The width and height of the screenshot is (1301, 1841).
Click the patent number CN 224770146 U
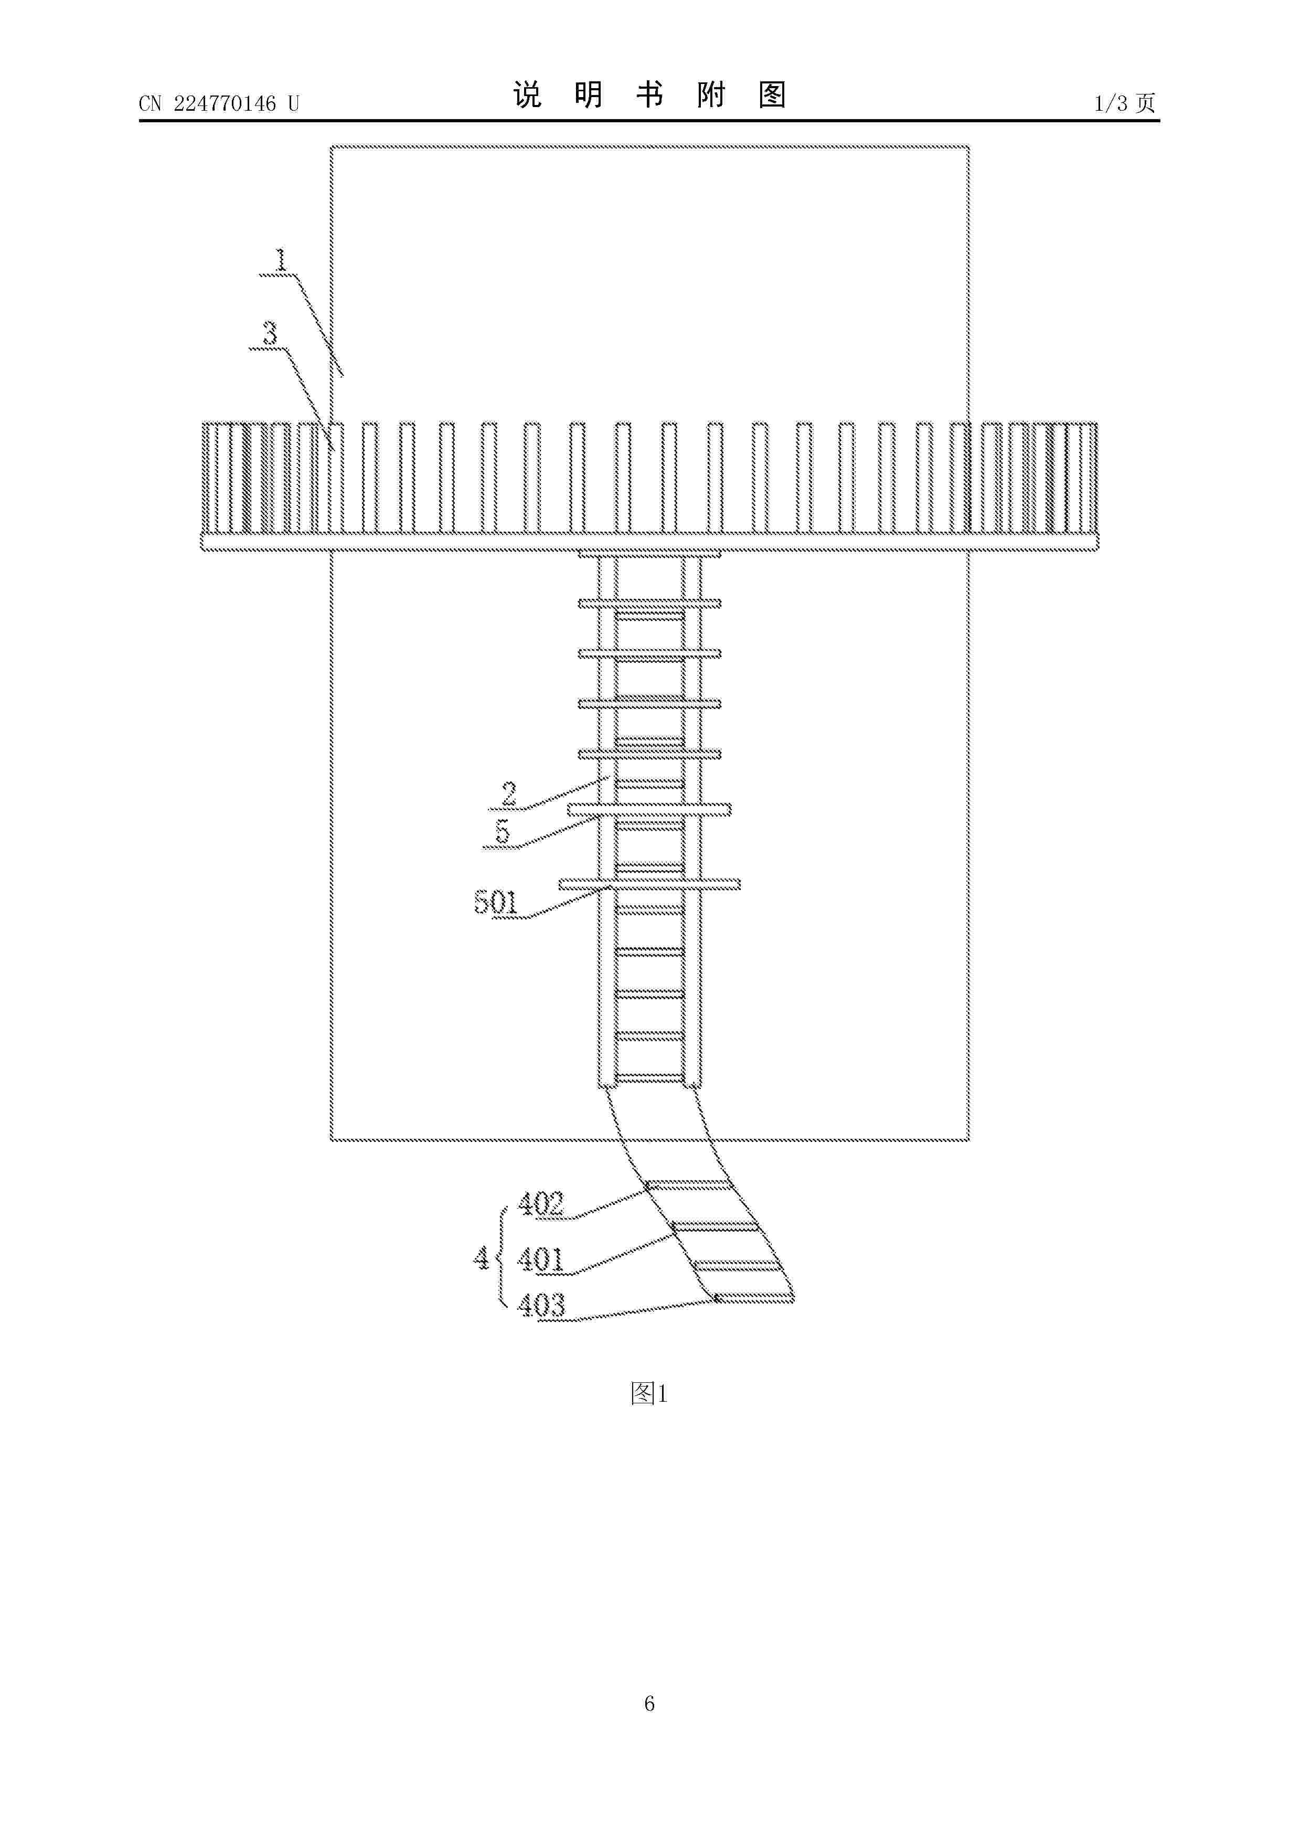[x=219, y=103]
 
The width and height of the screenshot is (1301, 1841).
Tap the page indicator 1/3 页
[x=1125, y=103]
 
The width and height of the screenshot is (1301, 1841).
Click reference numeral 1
[x=281, y=260]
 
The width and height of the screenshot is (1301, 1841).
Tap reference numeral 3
[x=270, y=333]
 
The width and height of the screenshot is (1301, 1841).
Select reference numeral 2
[x=509, y=794]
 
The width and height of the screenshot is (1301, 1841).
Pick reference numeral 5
[x=503, y=831]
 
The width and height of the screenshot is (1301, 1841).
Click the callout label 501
[x=496, y=903]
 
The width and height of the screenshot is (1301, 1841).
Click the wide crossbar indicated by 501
[x=649, y=884]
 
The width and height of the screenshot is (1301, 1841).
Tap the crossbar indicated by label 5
[x=649, y=810]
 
